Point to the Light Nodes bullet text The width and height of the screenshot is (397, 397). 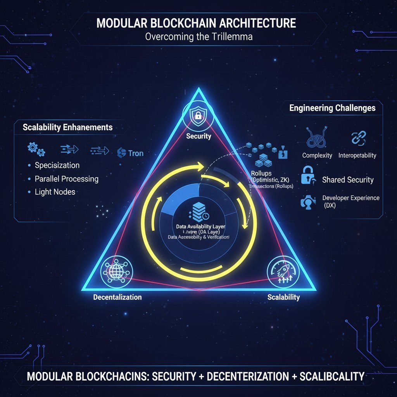tap(55, 192)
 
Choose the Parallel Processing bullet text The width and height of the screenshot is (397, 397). tap(66, 179)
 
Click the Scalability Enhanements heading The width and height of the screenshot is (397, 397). tap(68, 127)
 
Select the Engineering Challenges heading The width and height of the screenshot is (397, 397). tap(332, 108)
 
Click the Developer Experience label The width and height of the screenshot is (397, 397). tap(351, 198)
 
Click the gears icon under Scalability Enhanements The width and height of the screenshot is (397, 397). tap(36, 149)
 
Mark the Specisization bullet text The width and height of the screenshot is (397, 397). tap(57, 165)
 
